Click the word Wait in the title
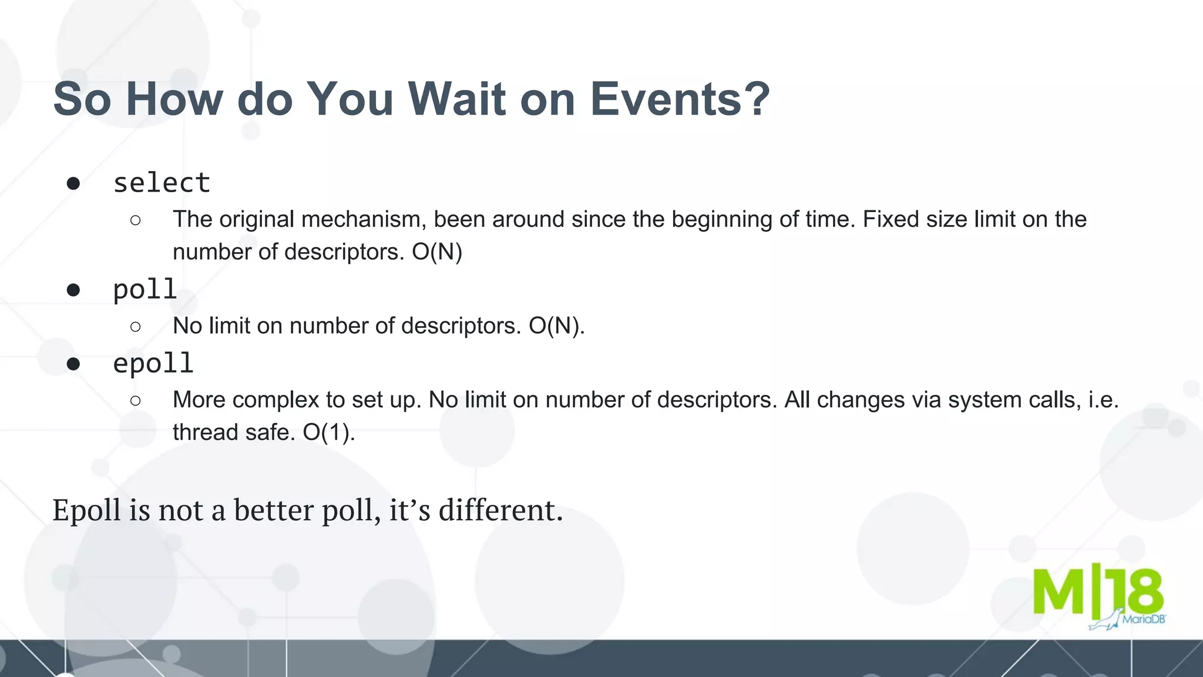pyautogui.click(x=456, y=99)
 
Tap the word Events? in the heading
pyautogui.click(x=680, y=99)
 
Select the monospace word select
pyautogui.click(x=162, y=183)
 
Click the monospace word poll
pyautogui.click(x=145, y=289)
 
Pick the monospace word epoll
pyautogui.click(x=153, y=363)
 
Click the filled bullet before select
pyautogui.click(x=73, y=184)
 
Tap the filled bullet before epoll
pyautogui.click(x=73, y=364)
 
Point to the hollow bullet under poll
pyautogui.click(x=136, y=326)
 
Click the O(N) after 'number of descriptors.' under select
pyautogui.click(x=437, y=252)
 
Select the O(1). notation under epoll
pyautogui.click(x=329, y=433)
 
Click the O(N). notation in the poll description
pyautogui.click(x=556, y=326)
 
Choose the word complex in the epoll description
pyautogui.click(x=275, y=400)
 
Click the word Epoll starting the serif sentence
pyautogui.click(x=86, y=510)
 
